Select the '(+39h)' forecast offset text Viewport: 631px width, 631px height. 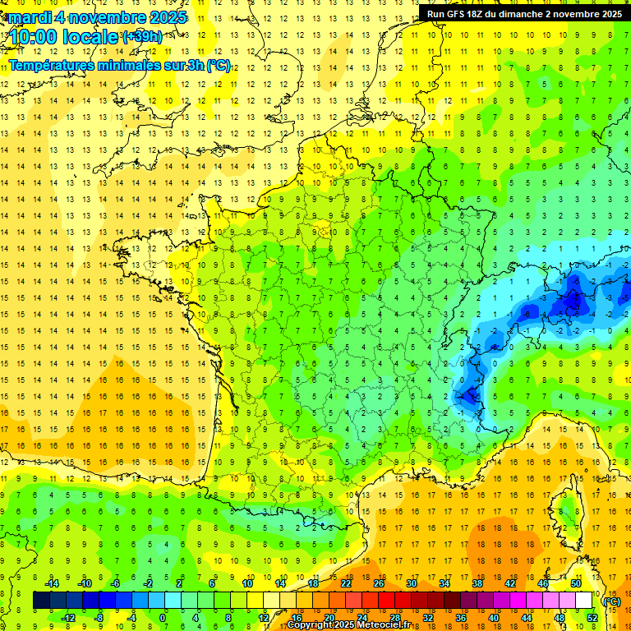(141, 37)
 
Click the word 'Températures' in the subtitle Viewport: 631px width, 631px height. (51, 66)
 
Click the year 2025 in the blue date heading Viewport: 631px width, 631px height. (164, 17)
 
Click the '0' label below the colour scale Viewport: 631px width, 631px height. (163, 618)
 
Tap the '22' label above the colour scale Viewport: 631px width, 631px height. (346, 583)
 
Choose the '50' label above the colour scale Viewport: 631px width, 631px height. (576, 583)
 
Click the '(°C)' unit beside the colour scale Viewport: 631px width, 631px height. (611, 601)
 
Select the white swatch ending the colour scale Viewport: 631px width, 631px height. (584, 601)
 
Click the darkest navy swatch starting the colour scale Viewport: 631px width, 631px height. (41, 601)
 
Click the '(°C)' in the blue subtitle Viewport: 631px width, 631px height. (218, 66)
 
